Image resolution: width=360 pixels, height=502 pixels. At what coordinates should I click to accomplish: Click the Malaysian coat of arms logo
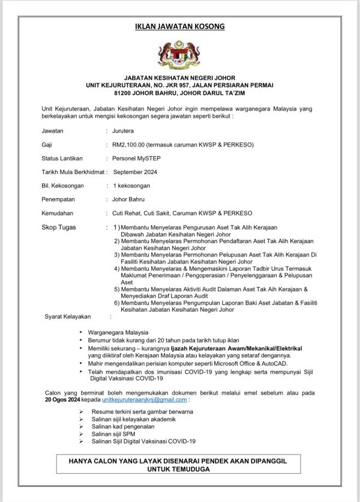179,55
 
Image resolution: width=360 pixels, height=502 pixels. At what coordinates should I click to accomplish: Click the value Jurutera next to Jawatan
123,130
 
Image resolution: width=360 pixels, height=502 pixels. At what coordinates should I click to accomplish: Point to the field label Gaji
47,145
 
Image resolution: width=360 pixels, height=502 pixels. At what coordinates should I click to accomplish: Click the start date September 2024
134,172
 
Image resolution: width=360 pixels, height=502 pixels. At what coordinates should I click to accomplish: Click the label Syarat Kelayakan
68,316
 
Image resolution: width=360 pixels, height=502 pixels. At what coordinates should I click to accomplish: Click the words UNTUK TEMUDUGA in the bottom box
180,469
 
